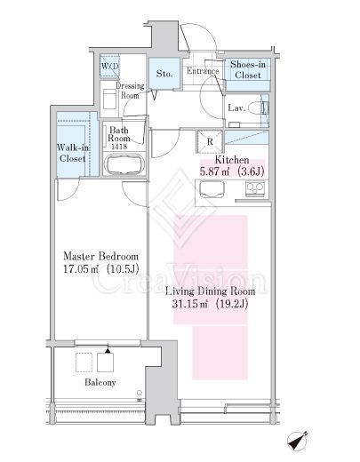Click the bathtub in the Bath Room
point(124,164)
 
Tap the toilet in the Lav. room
point(258,108)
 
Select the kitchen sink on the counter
point(212,189)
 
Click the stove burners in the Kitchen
point(255,188)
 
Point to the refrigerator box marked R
point(210,141)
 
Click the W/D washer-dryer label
point(109,66)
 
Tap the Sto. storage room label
point(164,73)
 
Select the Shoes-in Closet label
point(248,69)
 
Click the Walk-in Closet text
point(73,153)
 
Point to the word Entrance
point(203,71)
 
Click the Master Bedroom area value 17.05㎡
point(81,269)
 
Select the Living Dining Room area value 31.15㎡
point(190,304)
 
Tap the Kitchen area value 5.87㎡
point(214,171)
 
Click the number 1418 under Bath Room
point(119,146)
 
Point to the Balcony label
point(100,382)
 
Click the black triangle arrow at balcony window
point(108,350)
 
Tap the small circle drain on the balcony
point(140,393)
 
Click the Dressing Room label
point(130,91)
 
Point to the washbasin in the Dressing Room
point(109,100)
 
